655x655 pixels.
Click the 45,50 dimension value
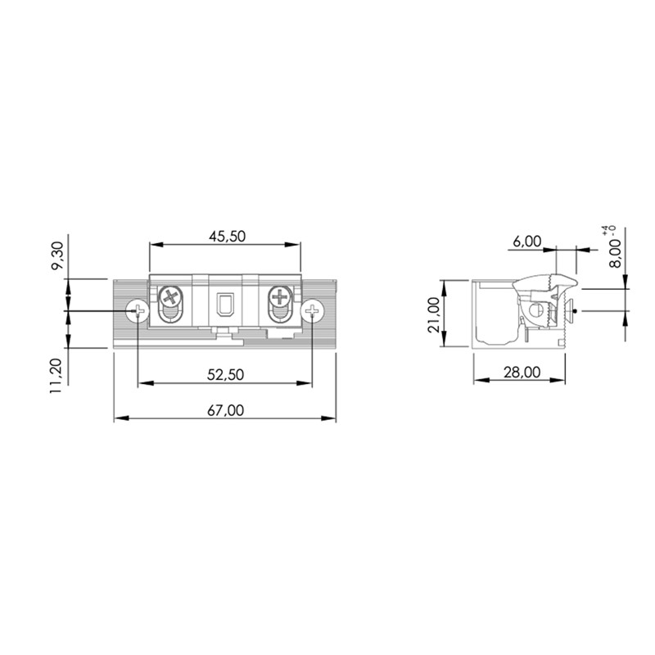coord(227,237)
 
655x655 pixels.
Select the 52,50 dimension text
coord(225,375)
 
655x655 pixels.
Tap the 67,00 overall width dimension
coord(225,411)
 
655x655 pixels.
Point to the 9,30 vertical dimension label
coord(56,255)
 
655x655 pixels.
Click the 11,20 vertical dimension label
coord(56,376)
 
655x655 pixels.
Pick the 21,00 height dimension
coord(434,314)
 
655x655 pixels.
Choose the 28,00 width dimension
coord(522,372)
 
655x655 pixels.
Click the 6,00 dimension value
coord(526,242)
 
